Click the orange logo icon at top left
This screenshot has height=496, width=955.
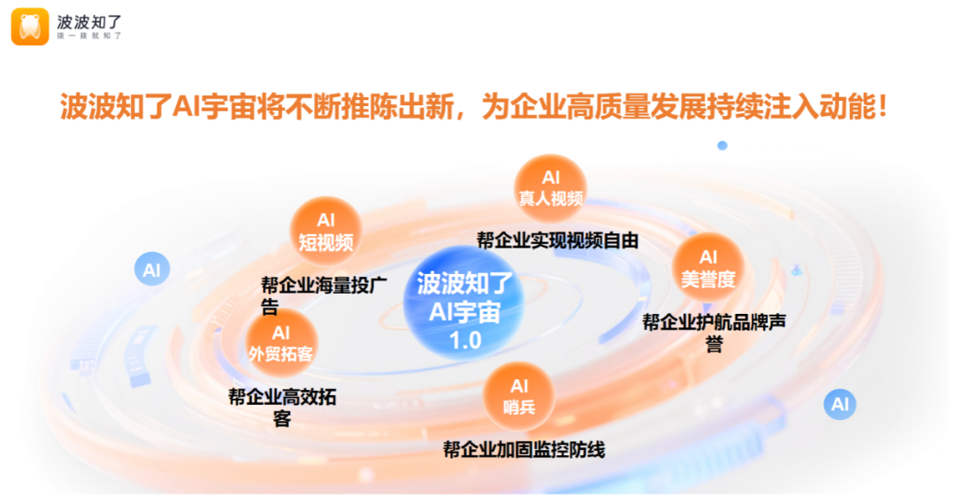click(x=30, y=27)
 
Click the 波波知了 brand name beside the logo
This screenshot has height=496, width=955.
click(x=89, y=22)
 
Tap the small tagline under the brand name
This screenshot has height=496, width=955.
click(x=89, y=36)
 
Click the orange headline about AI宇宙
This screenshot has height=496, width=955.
click(x=473, y=107)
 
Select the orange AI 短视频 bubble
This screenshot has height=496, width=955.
click(x=325, y=232)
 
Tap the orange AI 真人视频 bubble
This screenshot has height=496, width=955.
click(x=551, y=188)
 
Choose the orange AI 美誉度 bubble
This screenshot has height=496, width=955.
click(x=707, y=268)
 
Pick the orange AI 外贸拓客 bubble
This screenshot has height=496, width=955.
click(x=281, y=343)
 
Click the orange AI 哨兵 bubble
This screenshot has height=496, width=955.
click(x=519, y=397)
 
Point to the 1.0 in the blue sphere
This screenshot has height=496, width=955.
click(x=465, y=340)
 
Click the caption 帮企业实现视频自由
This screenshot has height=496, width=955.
click(x=557, y=240)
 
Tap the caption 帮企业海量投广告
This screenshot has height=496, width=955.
click(x=324, y=295)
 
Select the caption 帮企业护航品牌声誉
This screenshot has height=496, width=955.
click(x=714, y=332)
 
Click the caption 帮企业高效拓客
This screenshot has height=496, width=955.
click(x=282, y=407)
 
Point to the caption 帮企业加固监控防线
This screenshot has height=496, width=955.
click(x=523, y=450)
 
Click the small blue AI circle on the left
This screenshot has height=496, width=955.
click(x=152, y=270)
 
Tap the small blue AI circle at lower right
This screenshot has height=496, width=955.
click(x=840, y=404)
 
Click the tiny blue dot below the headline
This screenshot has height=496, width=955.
click(x=722, y=146)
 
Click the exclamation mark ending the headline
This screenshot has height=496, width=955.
click(x=882, y=107)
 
